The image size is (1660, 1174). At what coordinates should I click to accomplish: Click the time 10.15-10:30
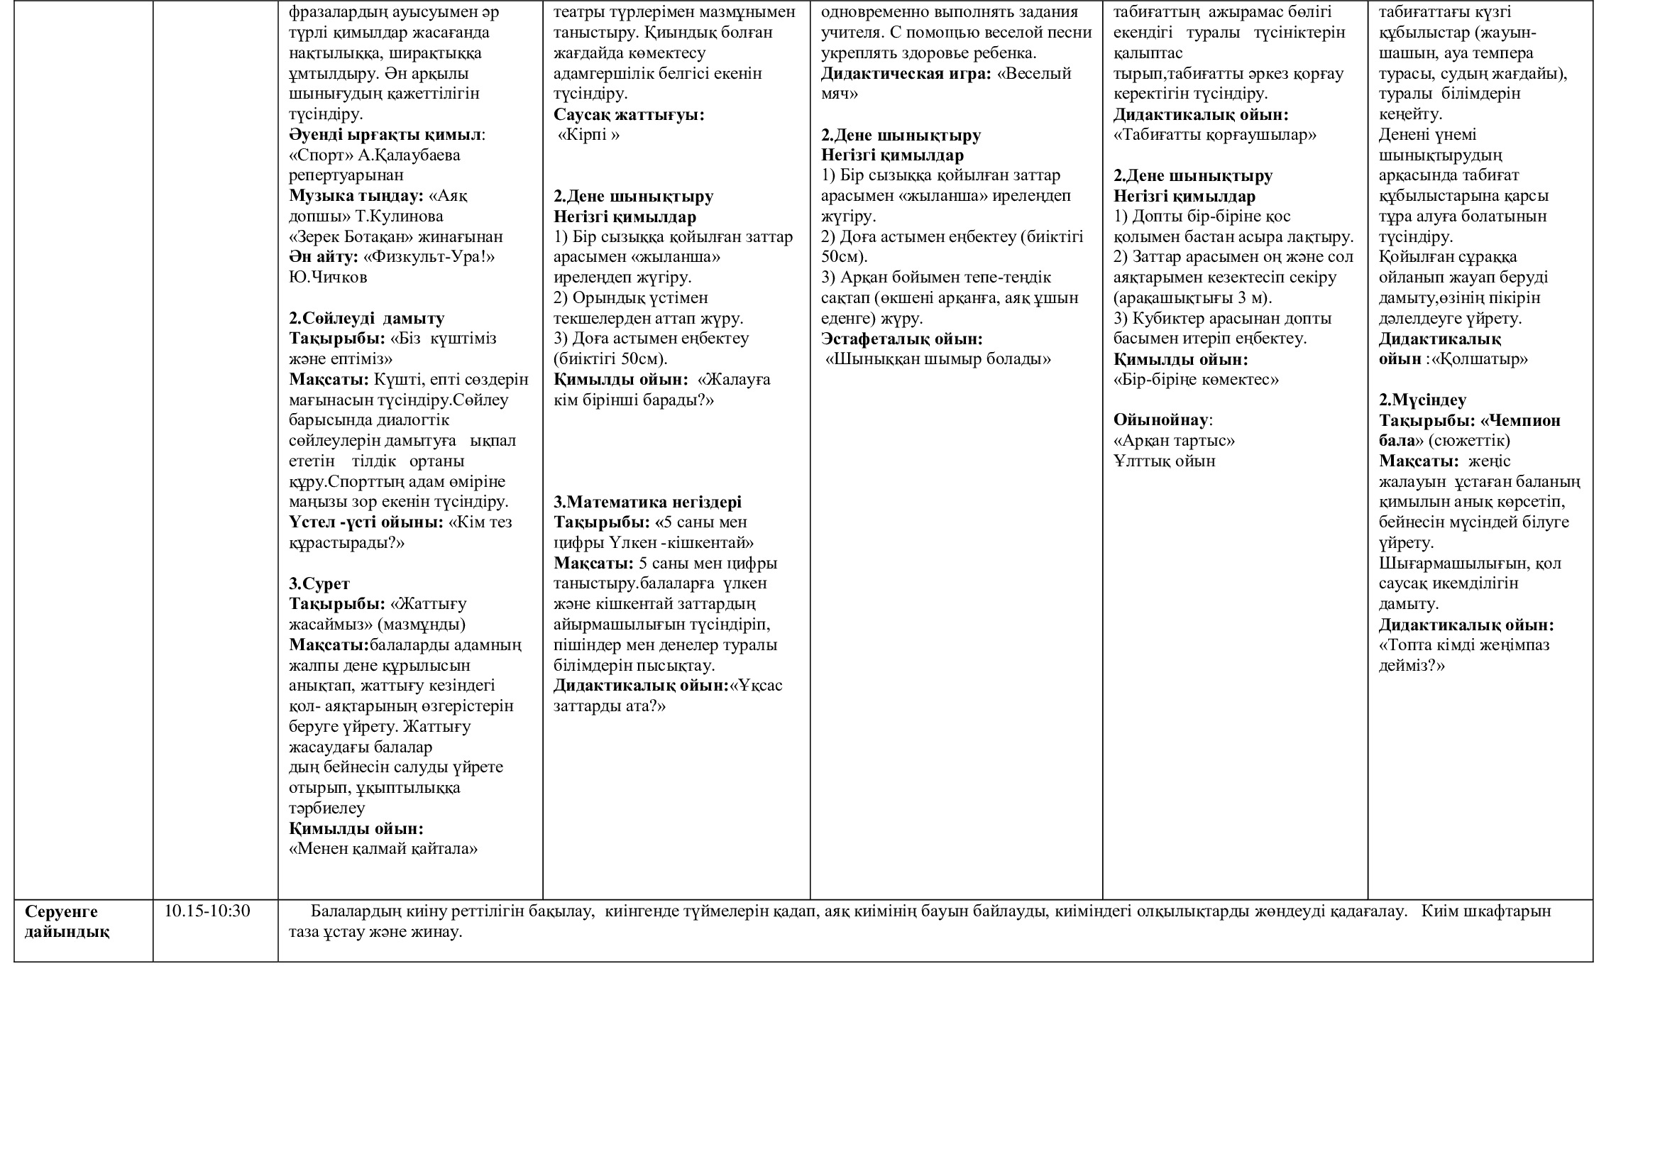click(207, 911)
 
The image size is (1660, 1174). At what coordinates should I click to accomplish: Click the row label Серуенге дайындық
click(67, 921)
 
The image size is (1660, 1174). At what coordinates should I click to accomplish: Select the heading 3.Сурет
click(319, 583)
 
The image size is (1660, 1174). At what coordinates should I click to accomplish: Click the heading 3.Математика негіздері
click(647, 502)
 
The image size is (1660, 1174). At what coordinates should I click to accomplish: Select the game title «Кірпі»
click(588, 135)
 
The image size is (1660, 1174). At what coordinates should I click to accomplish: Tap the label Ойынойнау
click(1161, 420)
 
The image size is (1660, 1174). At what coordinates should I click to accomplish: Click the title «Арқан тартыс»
click(1174, 440)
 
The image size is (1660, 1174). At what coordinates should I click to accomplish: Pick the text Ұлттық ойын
click(1164, 461)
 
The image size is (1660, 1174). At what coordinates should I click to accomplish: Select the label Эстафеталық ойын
click(901, 339)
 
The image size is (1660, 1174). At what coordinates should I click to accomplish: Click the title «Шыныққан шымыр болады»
click(938, 359)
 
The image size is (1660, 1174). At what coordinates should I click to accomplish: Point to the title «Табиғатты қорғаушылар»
click(1214, 135)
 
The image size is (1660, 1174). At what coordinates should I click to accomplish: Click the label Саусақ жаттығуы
click(628, 114)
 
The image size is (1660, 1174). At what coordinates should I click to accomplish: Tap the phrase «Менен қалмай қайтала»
click(383, 849)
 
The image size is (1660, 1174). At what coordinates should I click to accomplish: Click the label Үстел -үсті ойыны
click(365, 522)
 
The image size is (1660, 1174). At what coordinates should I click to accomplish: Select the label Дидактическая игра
click(906, 74)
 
